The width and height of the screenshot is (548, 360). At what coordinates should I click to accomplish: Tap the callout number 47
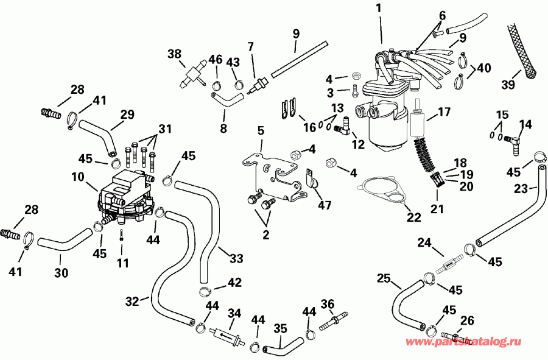(x=324, y=205)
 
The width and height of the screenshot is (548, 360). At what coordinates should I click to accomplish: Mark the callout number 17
(x=444, y=112)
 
